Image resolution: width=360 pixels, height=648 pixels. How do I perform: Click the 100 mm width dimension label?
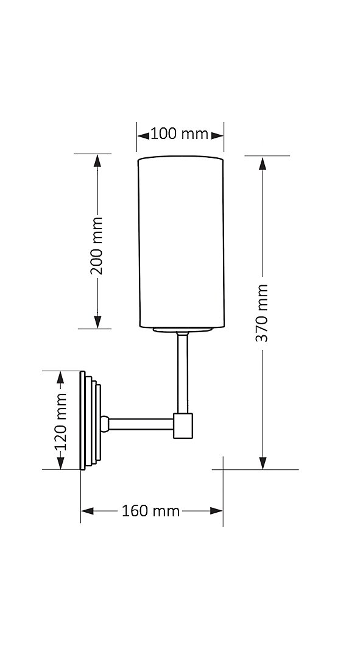(x=179, y=134)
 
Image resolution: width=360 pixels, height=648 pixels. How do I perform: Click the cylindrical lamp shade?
(x=181, y=242)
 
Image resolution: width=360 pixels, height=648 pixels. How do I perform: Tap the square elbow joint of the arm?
(x=183, y=425)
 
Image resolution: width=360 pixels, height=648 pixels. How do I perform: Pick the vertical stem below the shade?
(x=182, y=372)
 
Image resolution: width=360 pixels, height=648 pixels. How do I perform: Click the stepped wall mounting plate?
(x=91, y=421)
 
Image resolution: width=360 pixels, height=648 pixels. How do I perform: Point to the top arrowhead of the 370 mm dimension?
(x=263, y=164)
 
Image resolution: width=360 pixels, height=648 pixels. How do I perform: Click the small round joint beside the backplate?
(x=105, y=422)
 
